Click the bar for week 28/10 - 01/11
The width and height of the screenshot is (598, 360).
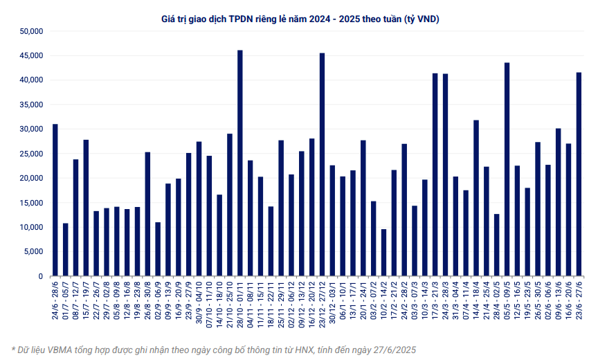[239, 163]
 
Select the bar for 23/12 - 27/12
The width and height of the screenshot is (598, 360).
[322, 165]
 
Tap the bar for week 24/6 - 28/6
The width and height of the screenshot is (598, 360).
[55, 200]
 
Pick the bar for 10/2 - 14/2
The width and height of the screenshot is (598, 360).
[383, 253]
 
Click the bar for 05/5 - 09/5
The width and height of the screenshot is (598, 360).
[507, 170]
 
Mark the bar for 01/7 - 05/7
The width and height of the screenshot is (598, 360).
[66, 249]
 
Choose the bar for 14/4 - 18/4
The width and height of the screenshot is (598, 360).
[476, 198]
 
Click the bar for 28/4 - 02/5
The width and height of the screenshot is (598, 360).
[496, 245]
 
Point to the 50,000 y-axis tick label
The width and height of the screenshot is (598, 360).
[32, 31]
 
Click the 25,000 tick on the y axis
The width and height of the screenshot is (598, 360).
[32, 154]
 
